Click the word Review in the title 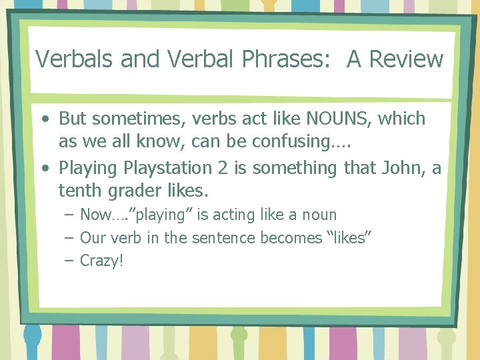point(406,59)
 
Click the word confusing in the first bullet point(288,142)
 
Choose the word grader point(132,191)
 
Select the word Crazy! point(102,261)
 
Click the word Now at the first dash point(93,215)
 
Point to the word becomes point(291,237)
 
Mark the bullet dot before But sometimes point(44,119)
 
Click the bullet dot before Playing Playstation point(44,169)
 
